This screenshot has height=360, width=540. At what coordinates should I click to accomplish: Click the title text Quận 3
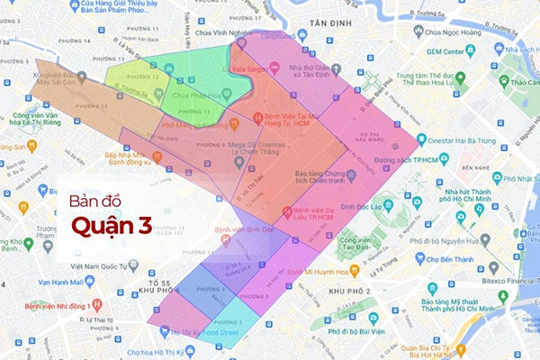point(112,223)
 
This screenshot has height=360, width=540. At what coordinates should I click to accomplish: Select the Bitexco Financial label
point(509,268)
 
